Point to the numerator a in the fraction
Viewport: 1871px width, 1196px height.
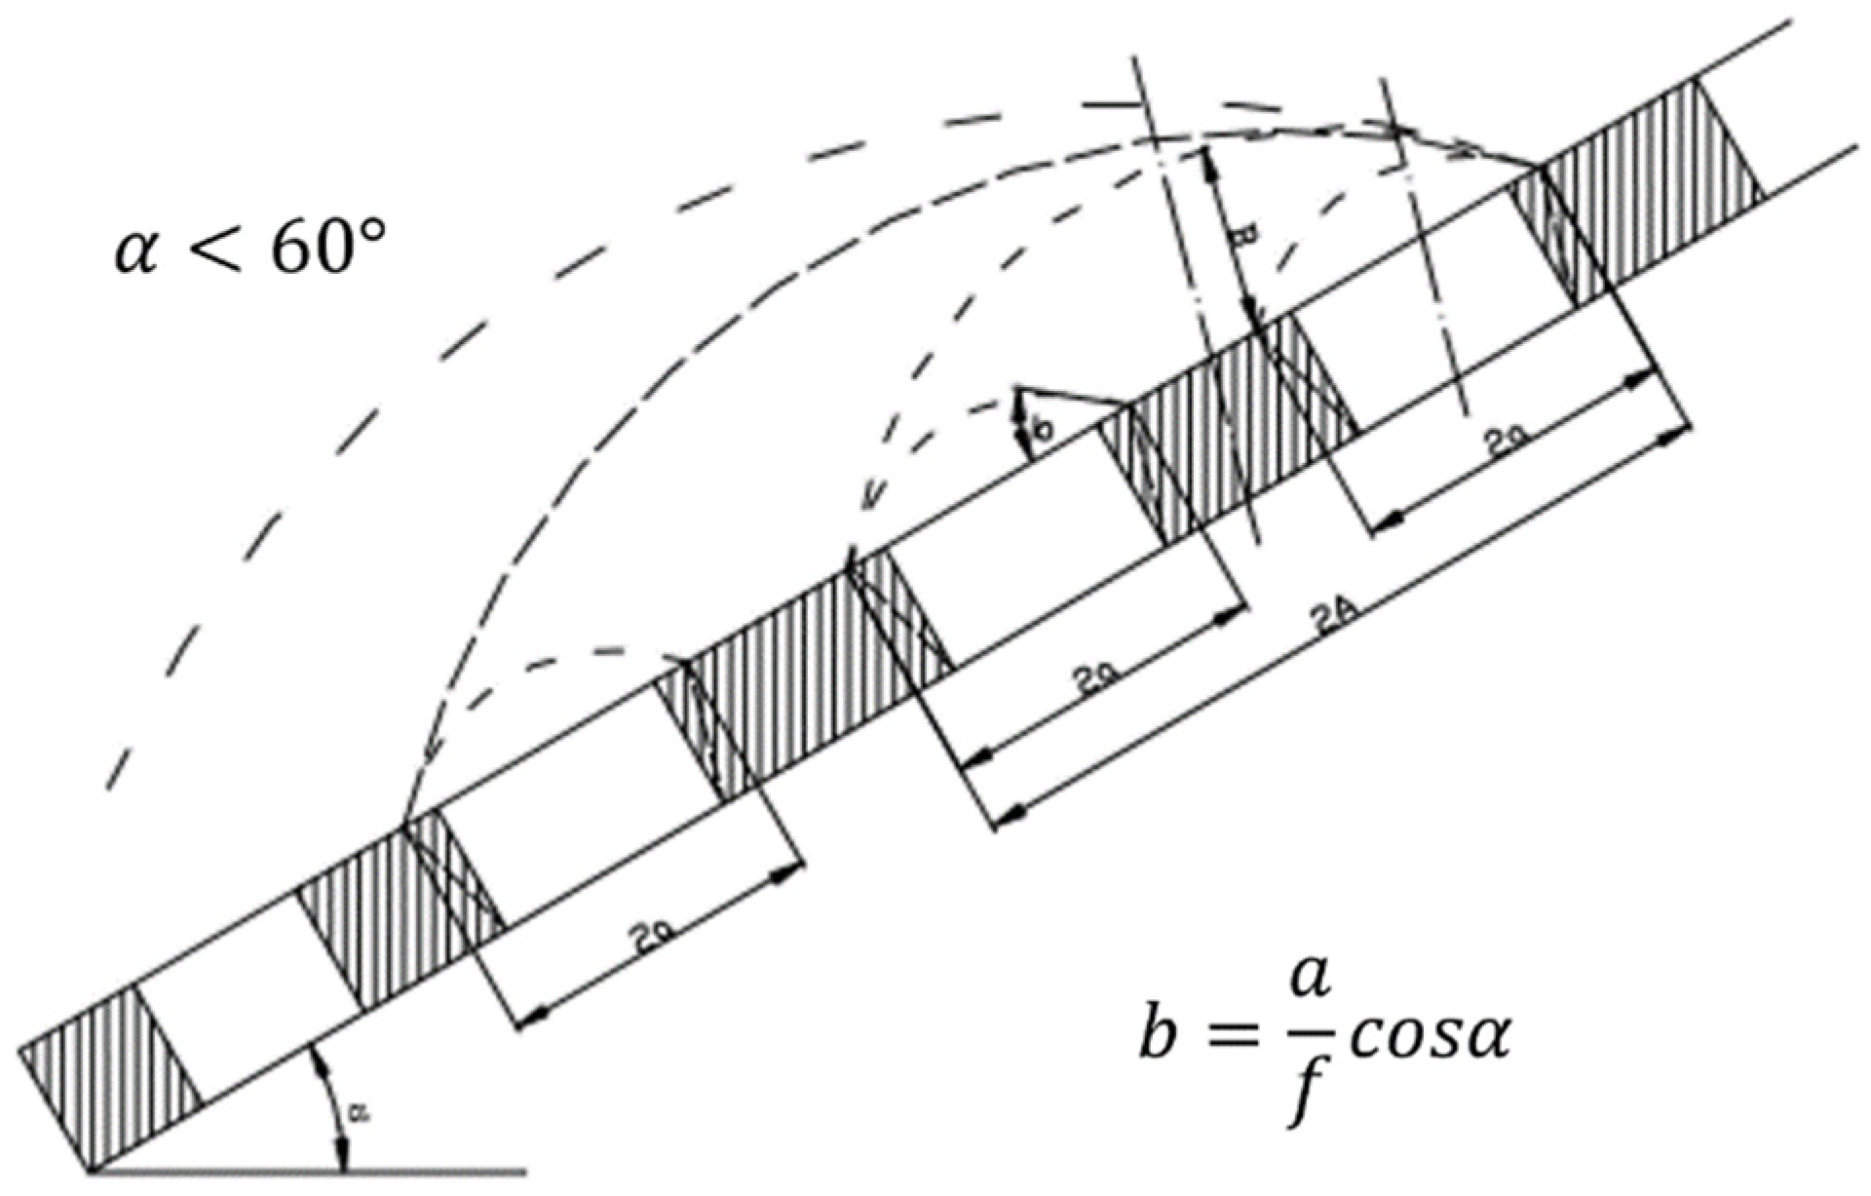[1309, 987]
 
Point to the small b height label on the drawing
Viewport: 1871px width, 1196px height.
[1041, 430]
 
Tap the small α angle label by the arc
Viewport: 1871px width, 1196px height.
[362, 1116]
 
